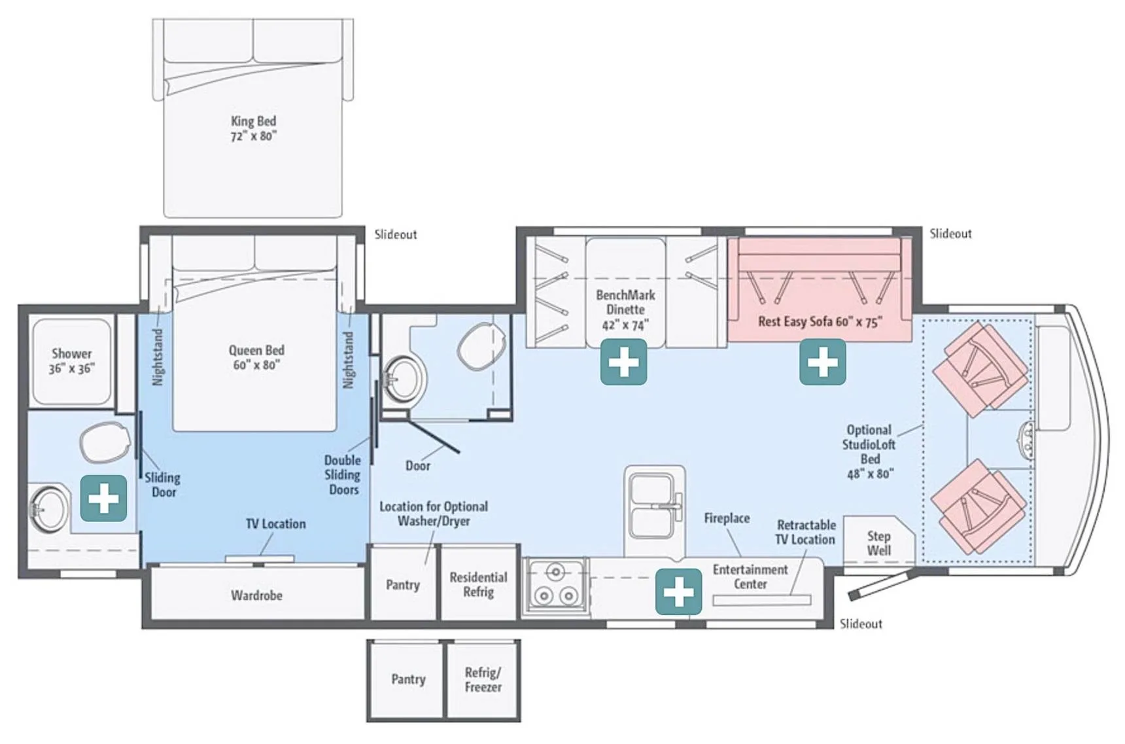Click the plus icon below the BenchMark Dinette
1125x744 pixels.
click(623, 362)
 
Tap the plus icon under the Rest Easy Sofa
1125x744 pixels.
click(822, 362)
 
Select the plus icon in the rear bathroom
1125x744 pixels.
click(103, 499)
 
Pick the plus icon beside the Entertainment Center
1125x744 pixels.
click(678, 592)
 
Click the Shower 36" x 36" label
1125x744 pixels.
click(71, 361)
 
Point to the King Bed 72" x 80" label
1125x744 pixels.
click(253, 128)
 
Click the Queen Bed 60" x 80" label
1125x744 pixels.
click(256, 357)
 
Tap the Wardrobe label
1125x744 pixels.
click(256, 595)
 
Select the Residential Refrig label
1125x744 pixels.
click(478, 584)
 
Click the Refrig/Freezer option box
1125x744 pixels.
click(483, 680)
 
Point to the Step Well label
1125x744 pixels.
click(878, 543)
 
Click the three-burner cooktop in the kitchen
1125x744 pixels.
click(555, 586)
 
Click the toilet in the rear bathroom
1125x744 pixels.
click(105, 442)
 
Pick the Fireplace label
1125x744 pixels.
click(727, 518)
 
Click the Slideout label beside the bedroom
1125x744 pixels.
click(395, 234)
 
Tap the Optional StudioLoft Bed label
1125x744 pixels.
click(869, 452)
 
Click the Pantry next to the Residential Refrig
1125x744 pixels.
click(402, 585)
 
